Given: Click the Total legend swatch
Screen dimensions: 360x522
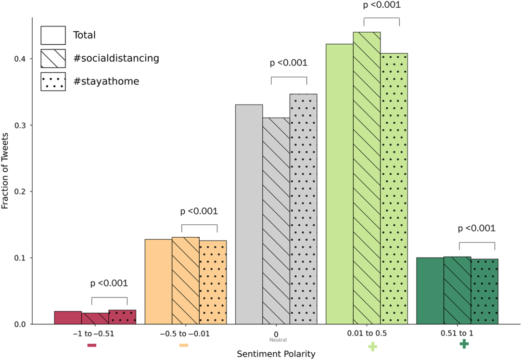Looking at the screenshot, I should pos(53,35).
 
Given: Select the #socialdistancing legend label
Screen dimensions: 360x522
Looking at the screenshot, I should pos(115,58).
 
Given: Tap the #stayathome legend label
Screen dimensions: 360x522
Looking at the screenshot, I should pos(106,81).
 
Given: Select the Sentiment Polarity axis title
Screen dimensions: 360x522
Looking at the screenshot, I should pos(276,354).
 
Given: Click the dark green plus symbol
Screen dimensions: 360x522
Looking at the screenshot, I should pos(464,344).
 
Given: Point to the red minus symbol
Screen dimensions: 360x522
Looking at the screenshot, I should pos(92,345).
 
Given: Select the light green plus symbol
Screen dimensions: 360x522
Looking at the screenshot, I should pos(372,347).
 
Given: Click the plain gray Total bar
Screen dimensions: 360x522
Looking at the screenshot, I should pos(249,214).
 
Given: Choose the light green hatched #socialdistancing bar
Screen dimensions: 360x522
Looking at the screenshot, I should pos(367,178).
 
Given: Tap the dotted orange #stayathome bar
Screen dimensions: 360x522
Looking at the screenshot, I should pos(213,282).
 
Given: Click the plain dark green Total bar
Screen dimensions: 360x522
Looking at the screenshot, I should pos(430,291).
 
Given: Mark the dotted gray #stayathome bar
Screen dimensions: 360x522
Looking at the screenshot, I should pos(303,209).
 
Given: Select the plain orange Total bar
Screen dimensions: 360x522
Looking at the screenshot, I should pos(158,282).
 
